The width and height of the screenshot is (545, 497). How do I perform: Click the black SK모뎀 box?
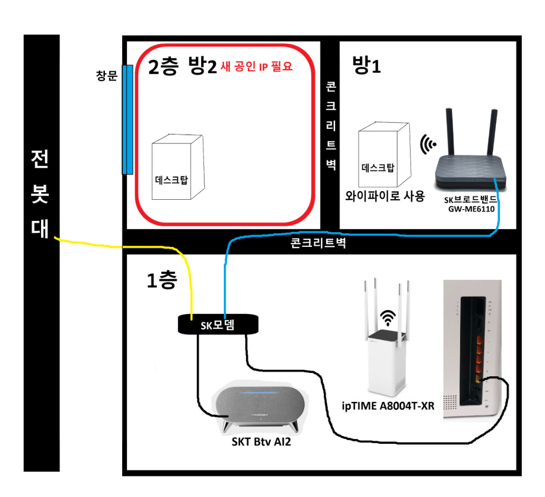218,324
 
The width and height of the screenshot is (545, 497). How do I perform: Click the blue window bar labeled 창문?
127,119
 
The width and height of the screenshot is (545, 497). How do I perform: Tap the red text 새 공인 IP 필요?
256,67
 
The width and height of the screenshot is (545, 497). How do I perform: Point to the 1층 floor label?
161,280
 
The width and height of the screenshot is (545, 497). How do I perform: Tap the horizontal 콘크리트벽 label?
318,244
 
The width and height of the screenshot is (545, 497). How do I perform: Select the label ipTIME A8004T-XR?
388,405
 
